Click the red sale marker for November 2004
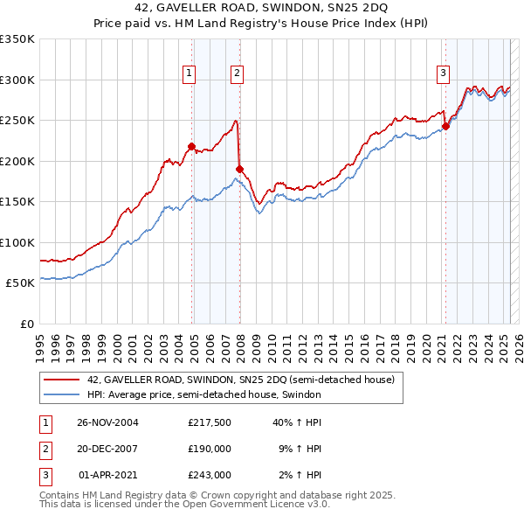pos(191,146)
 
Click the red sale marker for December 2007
pos(239,168)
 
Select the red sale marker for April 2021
pos(445,126)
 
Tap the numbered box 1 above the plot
pos(189,73)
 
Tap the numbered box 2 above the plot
pos(237,73)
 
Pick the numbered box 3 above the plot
pos(444,73)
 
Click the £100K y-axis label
pos(17,242)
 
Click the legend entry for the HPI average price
pos(204,394)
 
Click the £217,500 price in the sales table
pos(209,422)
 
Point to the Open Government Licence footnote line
pos(184,506)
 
